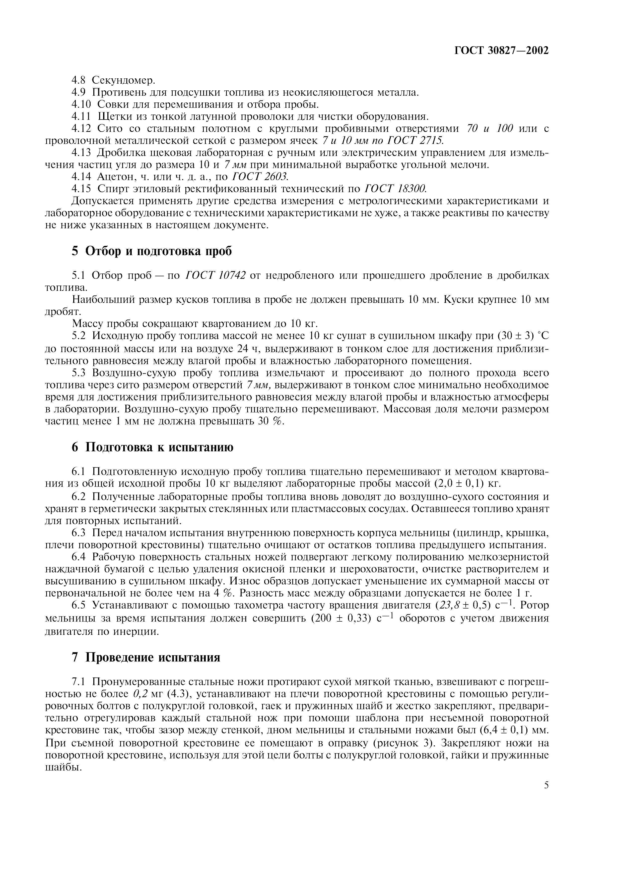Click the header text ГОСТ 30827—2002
(501, 50)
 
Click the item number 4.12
(82, 129)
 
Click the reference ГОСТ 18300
(395, 189)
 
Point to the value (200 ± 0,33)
(340, 618)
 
